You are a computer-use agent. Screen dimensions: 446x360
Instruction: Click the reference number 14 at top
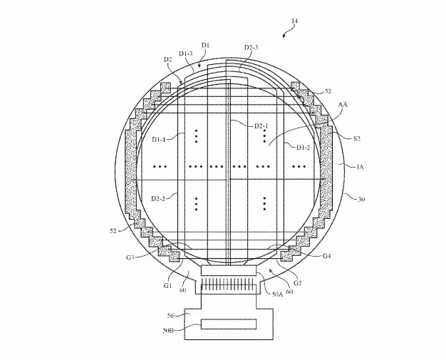tap(294, 21)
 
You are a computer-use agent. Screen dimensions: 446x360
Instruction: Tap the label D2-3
tap(251, 47)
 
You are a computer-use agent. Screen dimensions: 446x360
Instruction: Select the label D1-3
tap(186, 53)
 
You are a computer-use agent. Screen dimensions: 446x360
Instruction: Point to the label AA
tap(343, 105)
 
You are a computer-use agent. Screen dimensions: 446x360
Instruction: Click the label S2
tap(357, 138)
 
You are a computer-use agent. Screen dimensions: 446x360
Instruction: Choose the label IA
tap(360, 167)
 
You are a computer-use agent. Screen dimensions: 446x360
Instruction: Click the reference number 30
tap(361, 199)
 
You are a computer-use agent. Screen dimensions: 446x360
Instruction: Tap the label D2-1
tap(261, 125)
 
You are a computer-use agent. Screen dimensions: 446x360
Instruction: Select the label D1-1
tap(159, 139)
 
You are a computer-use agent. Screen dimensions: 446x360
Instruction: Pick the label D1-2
tap(304, 147)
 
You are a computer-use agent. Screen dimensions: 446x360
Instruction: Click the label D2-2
tap(158, 198)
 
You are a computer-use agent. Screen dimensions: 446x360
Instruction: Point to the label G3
tap(130, 258)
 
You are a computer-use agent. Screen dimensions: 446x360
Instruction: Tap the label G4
tap(327, 256)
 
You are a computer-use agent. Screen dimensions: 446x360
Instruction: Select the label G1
tap(168, 285)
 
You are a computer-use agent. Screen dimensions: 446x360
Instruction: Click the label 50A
tap(277, 294)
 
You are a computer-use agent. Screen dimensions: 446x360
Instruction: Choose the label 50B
tap(168, 330)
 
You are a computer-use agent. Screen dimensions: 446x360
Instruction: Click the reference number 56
tap(170, 316)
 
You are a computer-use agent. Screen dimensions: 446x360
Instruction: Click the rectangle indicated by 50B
tap(229, 324)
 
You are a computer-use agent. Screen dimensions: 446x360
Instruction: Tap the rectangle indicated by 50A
tap(229, 270)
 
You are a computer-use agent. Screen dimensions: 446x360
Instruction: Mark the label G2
tap(297, 283)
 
